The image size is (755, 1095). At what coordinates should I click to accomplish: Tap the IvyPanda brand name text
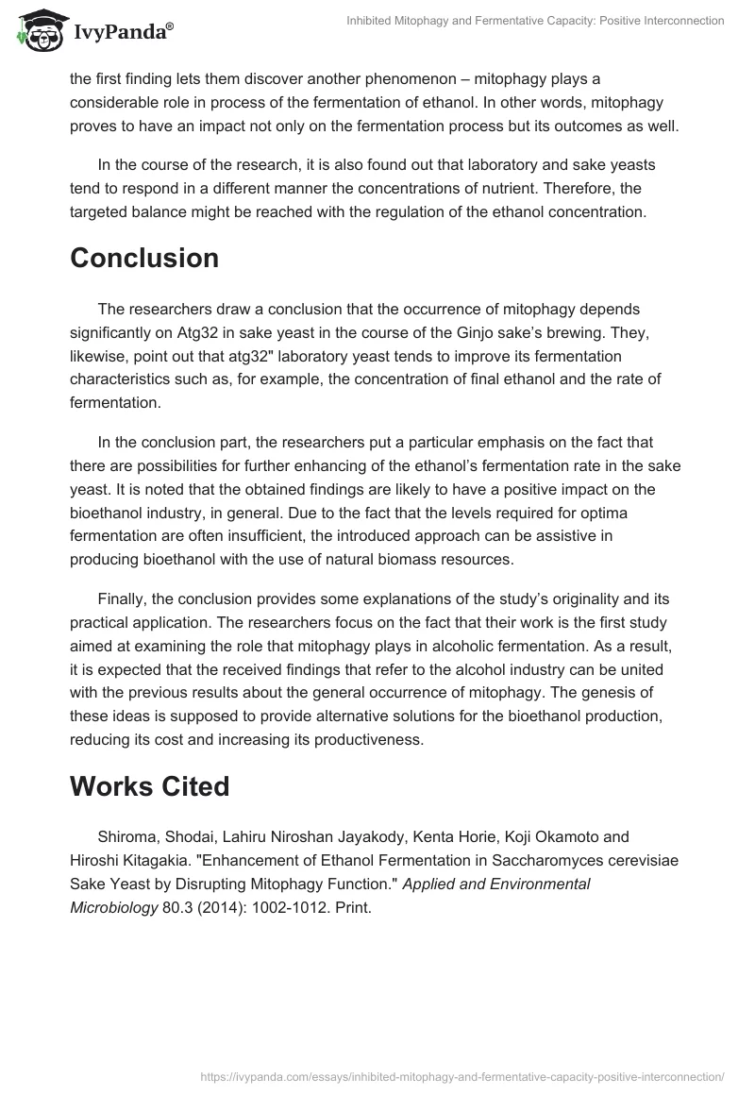(120, 34)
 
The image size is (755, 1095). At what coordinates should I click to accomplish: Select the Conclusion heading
(144, 258)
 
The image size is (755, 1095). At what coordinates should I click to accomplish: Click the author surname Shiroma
(127, 837)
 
